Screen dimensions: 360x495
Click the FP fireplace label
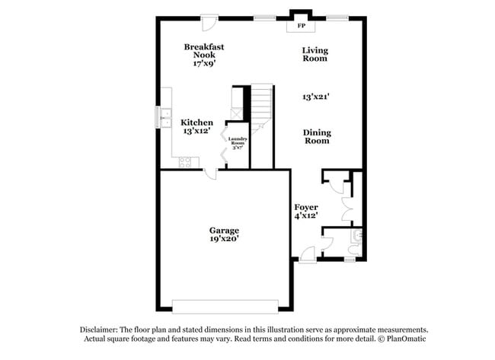click(x=302, y=27)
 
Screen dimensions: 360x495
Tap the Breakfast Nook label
click(x=204, y=51)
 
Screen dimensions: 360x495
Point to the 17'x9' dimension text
click(x=204, y=64)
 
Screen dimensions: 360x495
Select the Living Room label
click(x=315, y=54)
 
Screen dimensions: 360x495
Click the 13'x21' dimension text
click(x=316, y=97)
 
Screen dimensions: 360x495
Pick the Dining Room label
click(x=317, y=136)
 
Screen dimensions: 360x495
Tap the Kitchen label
click(x=196, y=123)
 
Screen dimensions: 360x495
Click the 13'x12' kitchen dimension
click(x=196, y=132)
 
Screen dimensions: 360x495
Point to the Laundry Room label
click(x=237, y=141)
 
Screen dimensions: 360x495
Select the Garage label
click(x=225, y=230)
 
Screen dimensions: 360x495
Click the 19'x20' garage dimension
click(x=225, y=239)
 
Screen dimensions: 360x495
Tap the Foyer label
click(x=306, y=207)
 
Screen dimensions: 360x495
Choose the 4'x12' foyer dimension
click(x=306, y=216)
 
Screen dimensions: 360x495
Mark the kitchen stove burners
click(x=184, y=160)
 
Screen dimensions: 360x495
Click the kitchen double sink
click(x=164, y=117)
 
